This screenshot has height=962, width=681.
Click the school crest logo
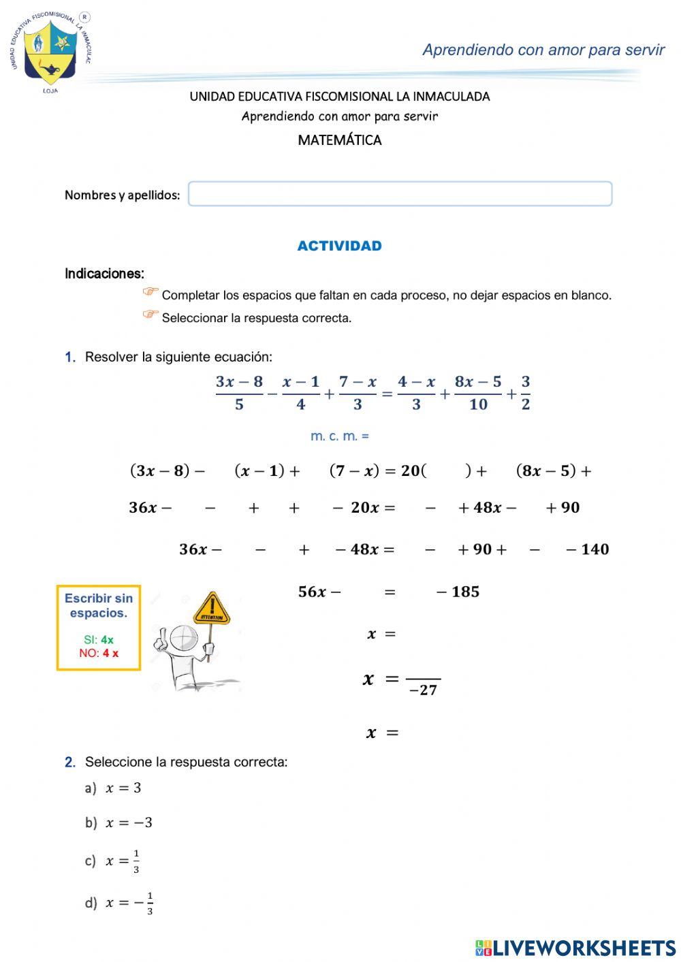(x=50, y=52)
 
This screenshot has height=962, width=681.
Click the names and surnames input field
(x=400, y=194)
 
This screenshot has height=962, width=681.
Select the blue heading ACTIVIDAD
(x=339, y=246)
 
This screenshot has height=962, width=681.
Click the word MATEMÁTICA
(x=339, y=140)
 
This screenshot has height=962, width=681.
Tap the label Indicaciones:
(x=104, y=274)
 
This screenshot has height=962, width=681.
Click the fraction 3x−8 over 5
(x=239, y=393)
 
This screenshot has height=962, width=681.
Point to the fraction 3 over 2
(x=525, y=393)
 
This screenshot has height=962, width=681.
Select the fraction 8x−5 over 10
(x=477, y=393)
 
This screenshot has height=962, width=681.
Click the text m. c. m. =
(x=339, y=436)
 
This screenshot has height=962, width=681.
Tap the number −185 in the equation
(x=458, y=592)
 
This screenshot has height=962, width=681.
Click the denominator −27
(x=423, y=690)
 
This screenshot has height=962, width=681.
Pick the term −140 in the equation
(x=587, y=549)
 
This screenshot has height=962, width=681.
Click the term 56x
(x=312, y=592)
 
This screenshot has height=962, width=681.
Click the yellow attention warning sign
(x=212, y=609)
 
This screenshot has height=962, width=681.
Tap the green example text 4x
(x=107, y=640)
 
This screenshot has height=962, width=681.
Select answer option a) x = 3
(x=113, y=788)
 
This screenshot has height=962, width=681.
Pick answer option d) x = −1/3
(x=118, y=903)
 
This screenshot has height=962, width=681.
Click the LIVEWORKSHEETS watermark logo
(x=575, y=948)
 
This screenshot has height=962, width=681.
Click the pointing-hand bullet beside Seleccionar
(x=150, y=315)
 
